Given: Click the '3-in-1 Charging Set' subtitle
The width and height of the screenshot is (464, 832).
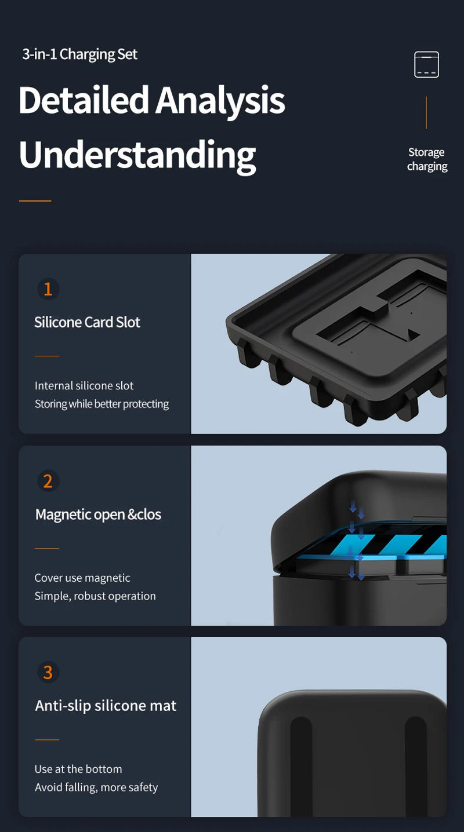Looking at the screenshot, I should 80,54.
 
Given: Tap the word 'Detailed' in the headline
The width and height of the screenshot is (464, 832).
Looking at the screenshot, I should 84,100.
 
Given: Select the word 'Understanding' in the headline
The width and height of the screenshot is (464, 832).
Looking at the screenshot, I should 137,154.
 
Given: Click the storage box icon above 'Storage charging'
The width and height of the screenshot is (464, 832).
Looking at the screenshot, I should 426,64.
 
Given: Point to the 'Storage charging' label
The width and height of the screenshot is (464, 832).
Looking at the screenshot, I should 427,159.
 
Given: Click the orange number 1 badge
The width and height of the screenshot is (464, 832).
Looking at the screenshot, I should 48,289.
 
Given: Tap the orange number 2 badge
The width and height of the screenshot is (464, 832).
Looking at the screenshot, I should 48,481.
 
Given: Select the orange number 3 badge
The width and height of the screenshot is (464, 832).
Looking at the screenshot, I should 48,673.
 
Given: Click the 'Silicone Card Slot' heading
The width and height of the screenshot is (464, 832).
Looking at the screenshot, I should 87,322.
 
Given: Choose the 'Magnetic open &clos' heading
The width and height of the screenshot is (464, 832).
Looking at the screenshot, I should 98,514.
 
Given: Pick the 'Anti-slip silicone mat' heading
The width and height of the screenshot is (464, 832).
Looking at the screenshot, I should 106,706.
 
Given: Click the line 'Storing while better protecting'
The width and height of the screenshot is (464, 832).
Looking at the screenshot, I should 101,404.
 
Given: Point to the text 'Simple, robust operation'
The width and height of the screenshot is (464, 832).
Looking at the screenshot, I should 95,596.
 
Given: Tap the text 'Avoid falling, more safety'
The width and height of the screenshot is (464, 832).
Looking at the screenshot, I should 96,787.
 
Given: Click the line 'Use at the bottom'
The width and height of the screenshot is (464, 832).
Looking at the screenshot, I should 78,769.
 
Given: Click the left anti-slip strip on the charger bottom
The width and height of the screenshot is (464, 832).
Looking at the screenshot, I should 301,765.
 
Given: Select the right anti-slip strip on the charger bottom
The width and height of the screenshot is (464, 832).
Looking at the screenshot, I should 416,765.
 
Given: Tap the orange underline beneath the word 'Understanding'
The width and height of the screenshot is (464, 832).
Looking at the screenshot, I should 35,201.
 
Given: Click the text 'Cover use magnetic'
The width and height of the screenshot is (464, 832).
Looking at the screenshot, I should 82,578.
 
